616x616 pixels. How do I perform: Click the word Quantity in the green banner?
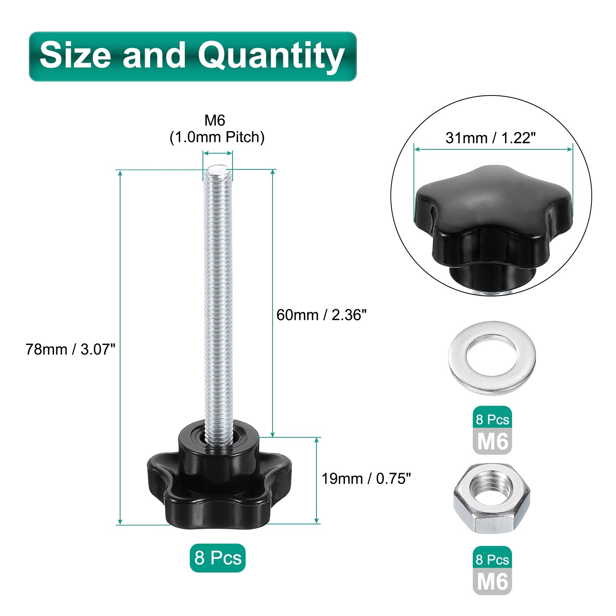(x=271, y=57)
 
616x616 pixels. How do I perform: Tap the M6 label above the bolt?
(x=215, y=121)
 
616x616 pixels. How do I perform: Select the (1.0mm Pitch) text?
(x=217, y=137)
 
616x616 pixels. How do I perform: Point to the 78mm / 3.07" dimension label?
(x=70, y=349)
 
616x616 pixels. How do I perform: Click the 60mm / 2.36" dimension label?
(x=321, y=315)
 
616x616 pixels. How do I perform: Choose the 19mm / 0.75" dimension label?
(x=366, y=479)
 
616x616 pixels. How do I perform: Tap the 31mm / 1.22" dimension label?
(x=490, y=138)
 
